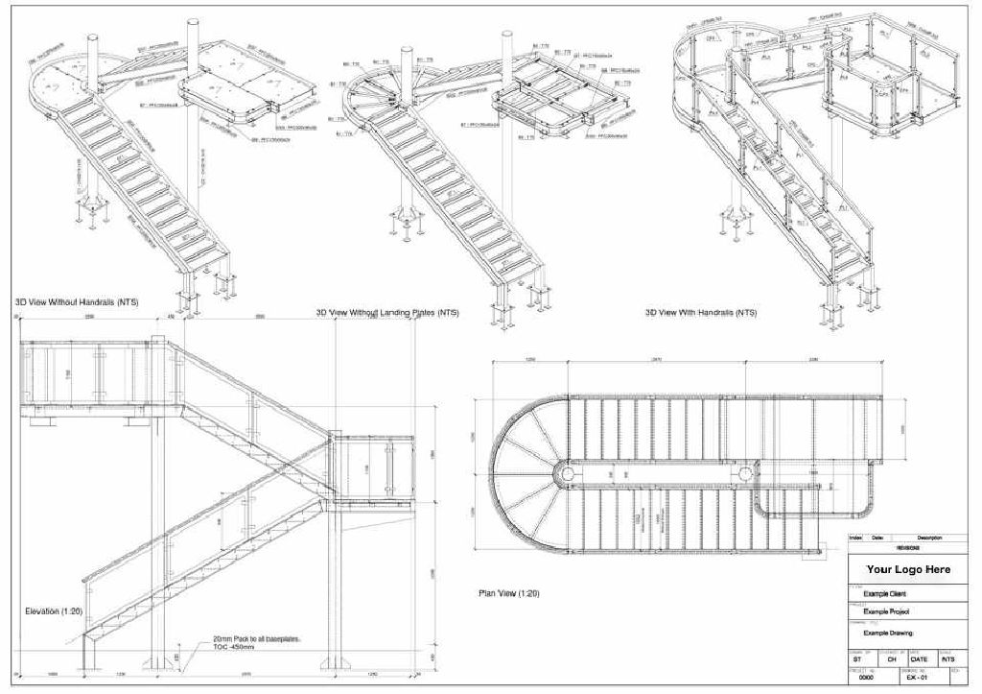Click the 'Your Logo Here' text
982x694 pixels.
click(x=908, y=569)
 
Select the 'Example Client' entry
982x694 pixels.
click(x=885, y=594)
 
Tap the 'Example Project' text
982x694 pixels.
click(x=887, y=611)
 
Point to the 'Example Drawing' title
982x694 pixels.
click(x=888, y=634)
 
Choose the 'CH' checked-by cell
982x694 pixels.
click(x=891, y=659)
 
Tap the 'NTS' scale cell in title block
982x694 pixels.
click(x=947, y=659)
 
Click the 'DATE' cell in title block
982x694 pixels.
click(x=920, y=659)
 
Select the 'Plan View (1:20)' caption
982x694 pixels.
click(x=508, y=594)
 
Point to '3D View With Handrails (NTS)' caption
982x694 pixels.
click(x=702, y=313)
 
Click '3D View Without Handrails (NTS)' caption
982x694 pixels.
click(x=77, y=302)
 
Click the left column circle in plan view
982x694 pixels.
click(x=568, y=473)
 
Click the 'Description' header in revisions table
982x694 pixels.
click(x=929, y=538)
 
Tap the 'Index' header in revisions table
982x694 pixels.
click(x=856, y=538)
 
